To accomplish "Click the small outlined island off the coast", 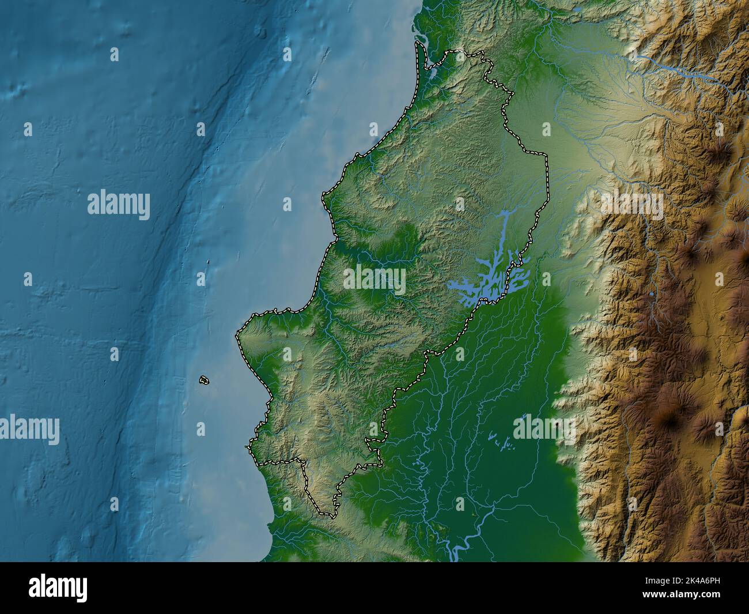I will pos(203,380).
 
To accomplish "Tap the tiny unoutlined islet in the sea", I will pos(208,263).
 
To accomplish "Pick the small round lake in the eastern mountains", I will pos(651,294).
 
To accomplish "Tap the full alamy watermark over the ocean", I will pos(119,205).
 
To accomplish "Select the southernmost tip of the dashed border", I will pos(330,513).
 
